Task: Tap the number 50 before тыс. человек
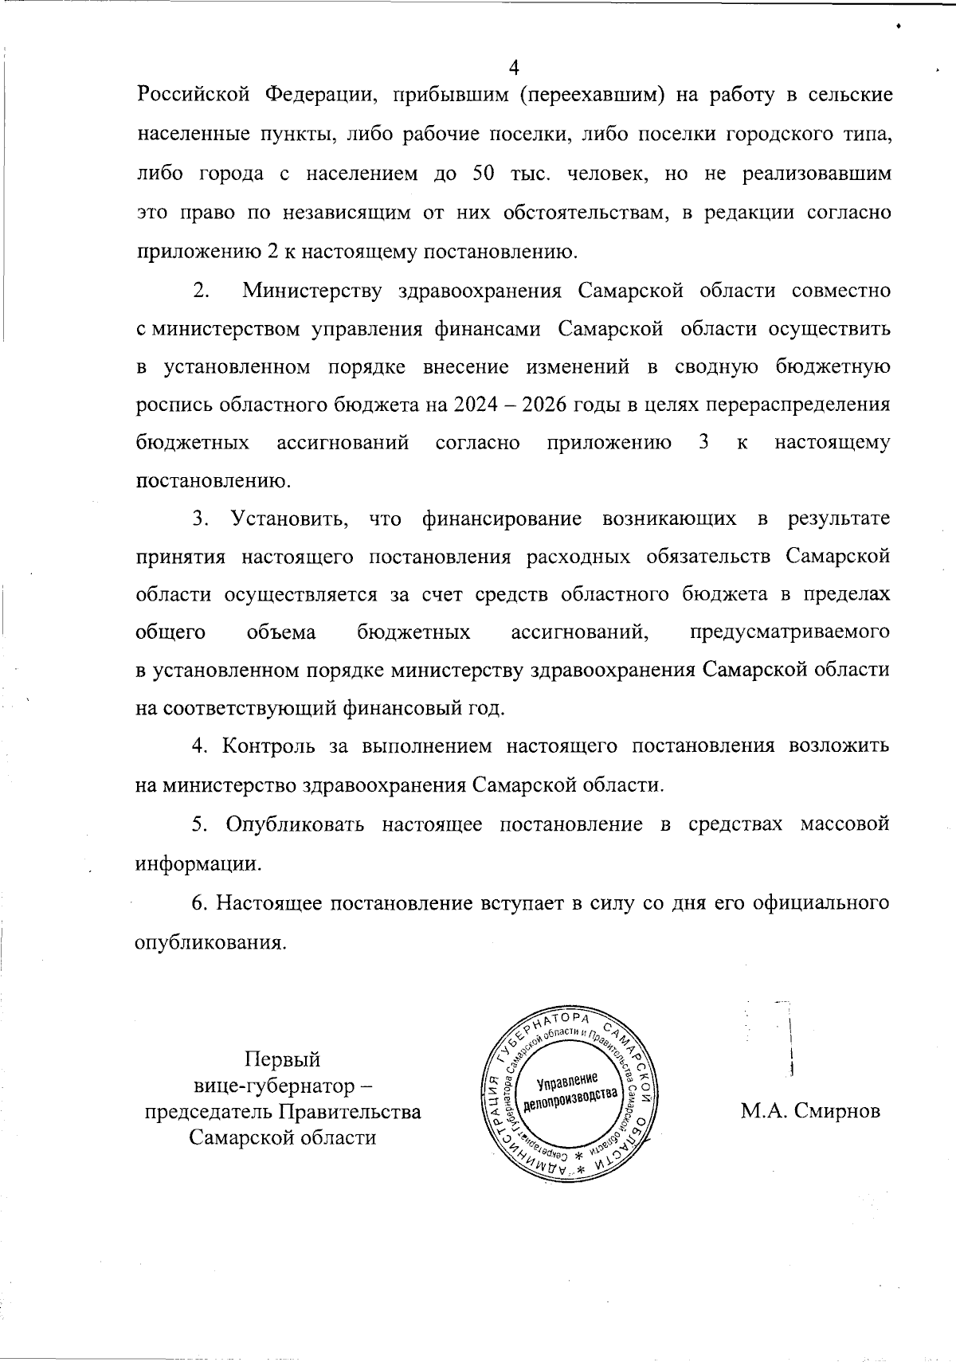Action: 484,174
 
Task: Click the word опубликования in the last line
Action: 210,942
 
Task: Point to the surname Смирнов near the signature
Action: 837,1111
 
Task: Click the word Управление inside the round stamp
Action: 567,1081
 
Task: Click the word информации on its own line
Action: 197,863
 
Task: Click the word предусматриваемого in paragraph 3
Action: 789,632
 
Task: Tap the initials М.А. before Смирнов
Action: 763,1111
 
